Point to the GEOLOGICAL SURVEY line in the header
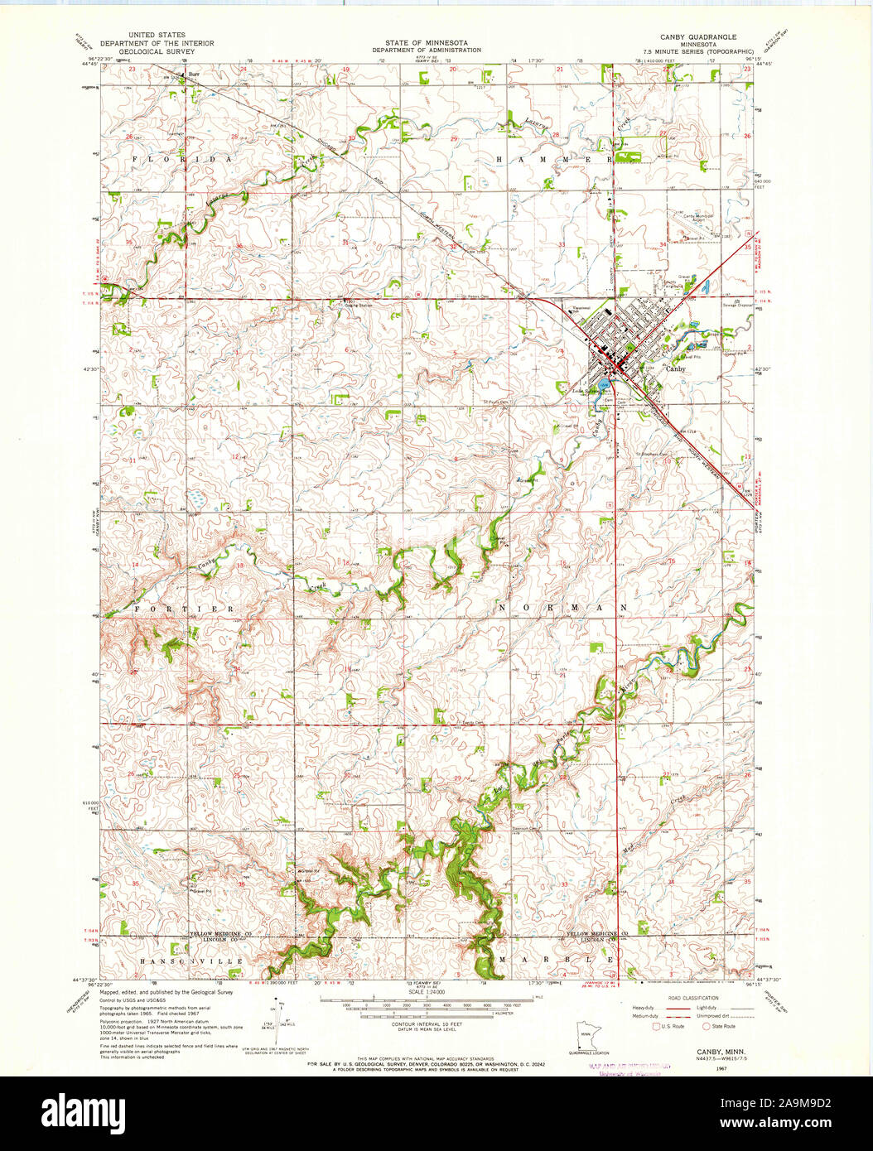pyautogui.click(x=157, y=51)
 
